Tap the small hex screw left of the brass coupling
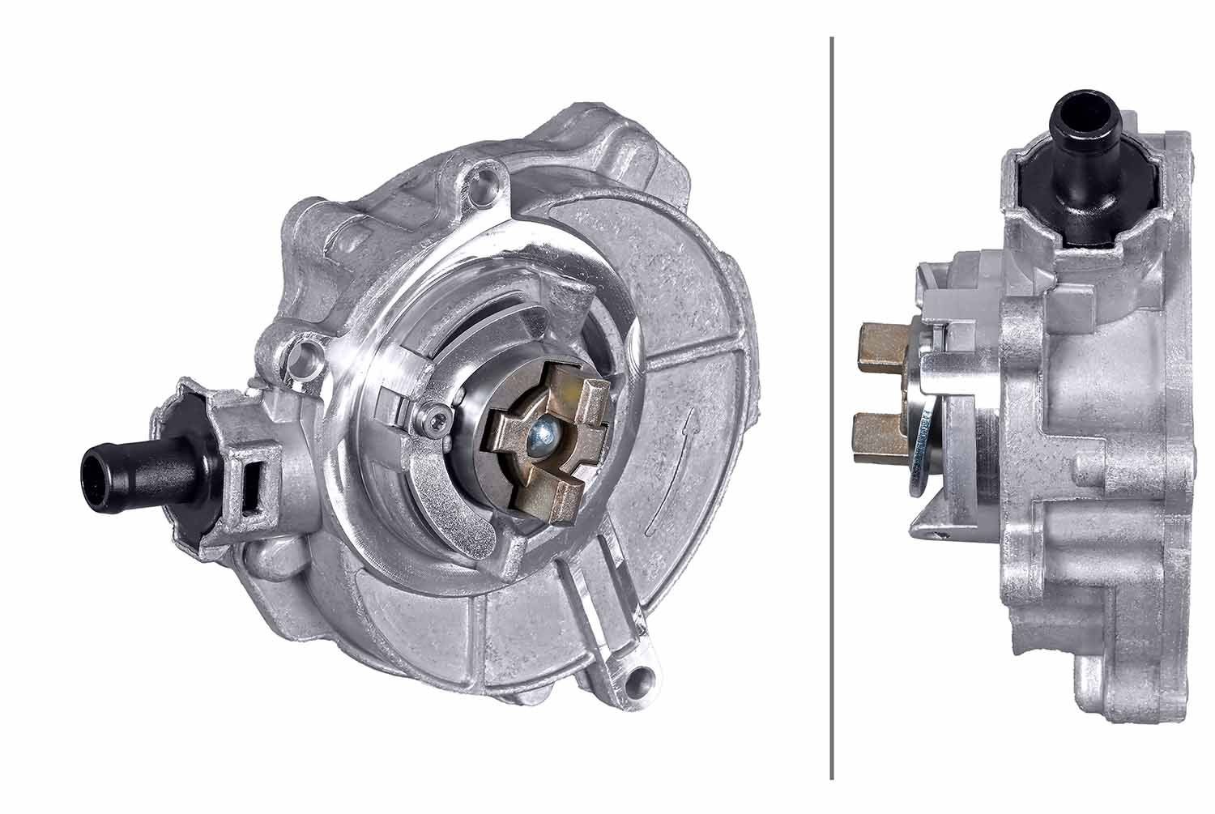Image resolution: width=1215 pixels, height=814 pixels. coord(437,419)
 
